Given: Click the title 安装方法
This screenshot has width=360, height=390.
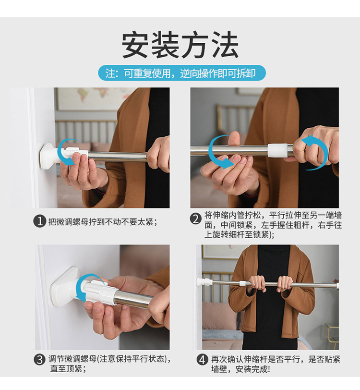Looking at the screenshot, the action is pos(180,45).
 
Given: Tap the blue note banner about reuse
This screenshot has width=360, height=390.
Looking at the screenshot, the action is pos(182,73).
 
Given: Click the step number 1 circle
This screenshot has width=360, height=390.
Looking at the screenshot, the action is pos(40,221).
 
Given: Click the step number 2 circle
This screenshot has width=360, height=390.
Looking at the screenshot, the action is pos(196,219).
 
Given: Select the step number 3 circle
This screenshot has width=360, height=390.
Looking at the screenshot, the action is pos(40,360).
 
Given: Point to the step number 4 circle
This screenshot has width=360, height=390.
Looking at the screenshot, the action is pos(203,360).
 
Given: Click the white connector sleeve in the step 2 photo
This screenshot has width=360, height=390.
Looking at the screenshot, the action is pos(277,150).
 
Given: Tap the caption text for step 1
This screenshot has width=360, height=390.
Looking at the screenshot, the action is pos(103,221).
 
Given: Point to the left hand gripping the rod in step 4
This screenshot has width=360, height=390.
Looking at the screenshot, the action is pos(258,283).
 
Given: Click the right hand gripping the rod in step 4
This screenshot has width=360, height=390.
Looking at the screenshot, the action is pos(285,283).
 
